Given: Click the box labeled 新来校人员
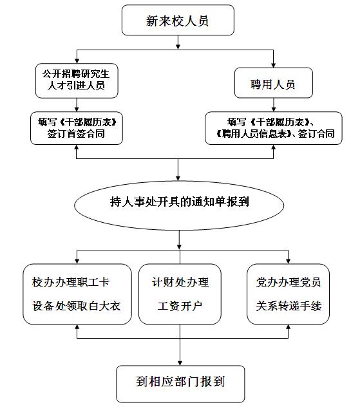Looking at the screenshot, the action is click(178, 20).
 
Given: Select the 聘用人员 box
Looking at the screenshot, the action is click(273, 83).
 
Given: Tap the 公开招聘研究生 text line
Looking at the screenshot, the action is click(76, 73).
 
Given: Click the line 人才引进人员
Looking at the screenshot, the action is click(76, 85).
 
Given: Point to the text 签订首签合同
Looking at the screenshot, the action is click(76, 133).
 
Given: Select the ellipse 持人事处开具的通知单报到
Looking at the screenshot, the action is click(179, 205).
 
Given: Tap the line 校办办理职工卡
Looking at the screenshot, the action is click(71, 282).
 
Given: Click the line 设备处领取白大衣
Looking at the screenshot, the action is click(77, 306).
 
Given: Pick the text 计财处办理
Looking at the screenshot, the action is click(180, 282).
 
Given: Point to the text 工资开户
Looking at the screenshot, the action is click(180, 306).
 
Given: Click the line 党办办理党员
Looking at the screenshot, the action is click(289, 282).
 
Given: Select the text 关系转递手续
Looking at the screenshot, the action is click(289, 306).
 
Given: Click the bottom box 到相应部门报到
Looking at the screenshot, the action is click(180, 384).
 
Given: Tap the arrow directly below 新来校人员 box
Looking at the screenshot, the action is click(178, 42).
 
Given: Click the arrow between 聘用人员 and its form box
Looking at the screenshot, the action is click(273, 105).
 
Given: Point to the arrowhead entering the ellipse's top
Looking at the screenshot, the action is click(178, 178).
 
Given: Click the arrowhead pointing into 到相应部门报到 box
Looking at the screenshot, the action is click(180, 363).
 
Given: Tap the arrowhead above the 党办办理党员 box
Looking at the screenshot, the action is click(288, 261).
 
